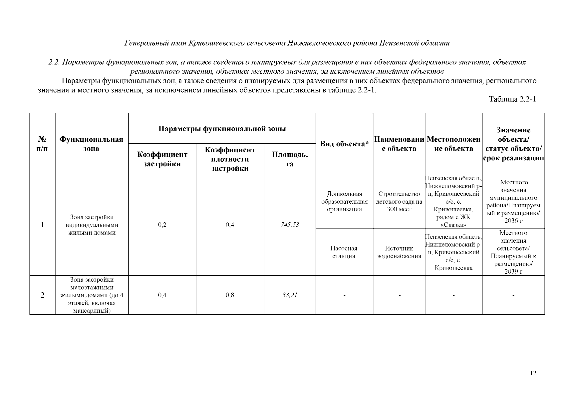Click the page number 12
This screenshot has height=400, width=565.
(533, 373)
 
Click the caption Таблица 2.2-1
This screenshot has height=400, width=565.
(512, 99)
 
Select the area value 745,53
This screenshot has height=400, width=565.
(290, 225)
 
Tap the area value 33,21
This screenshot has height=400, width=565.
(290, 295)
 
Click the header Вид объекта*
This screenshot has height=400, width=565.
(344, 144)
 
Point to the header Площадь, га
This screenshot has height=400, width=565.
(290, 159)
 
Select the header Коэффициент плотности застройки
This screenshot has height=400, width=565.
(230, 159)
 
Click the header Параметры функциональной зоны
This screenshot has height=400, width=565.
(222, 129)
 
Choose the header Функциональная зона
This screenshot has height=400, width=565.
(91, 144)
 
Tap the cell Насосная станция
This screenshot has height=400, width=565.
(344, 252)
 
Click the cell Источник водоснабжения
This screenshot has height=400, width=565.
(399, 252)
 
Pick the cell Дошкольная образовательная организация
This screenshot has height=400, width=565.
(344, 201)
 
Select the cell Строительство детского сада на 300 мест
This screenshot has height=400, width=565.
(399, 201)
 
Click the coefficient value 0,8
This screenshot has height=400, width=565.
(230, 295)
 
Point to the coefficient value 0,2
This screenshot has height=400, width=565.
(162, 225)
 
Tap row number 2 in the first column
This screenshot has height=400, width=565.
(42, 295)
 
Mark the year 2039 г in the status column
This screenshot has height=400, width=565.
(513, 272)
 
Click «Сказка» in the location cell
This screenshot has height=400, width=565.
(453, 225)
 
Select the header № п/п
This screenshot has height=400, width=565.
(42, 144)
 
